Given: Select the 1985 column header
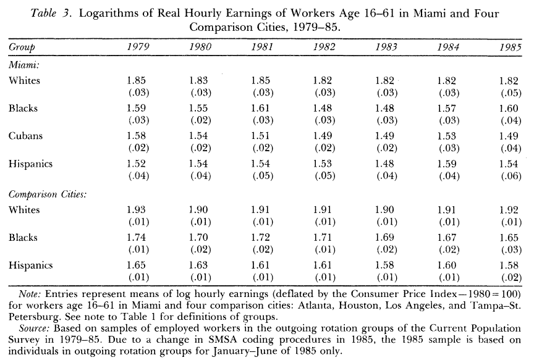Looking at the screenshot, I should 510,48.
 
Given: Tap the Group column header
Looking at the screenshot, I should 22,48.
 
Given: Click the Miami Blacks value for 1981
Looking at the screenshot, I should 260,109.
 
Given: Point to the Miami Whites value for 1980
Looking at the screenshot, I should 198,81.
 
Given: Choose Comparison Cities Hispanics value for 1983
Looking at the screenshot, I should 385,266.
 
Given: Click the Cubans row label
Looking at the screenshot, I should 26,136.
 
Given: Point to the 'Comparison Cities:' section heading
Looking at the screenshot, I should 47,193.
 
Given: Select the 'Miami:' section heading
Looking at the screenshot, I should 23,64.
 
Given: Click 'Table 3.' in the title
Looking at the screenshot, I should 61,14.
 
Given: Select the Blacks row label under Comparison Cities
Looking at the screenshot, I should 23,238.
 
